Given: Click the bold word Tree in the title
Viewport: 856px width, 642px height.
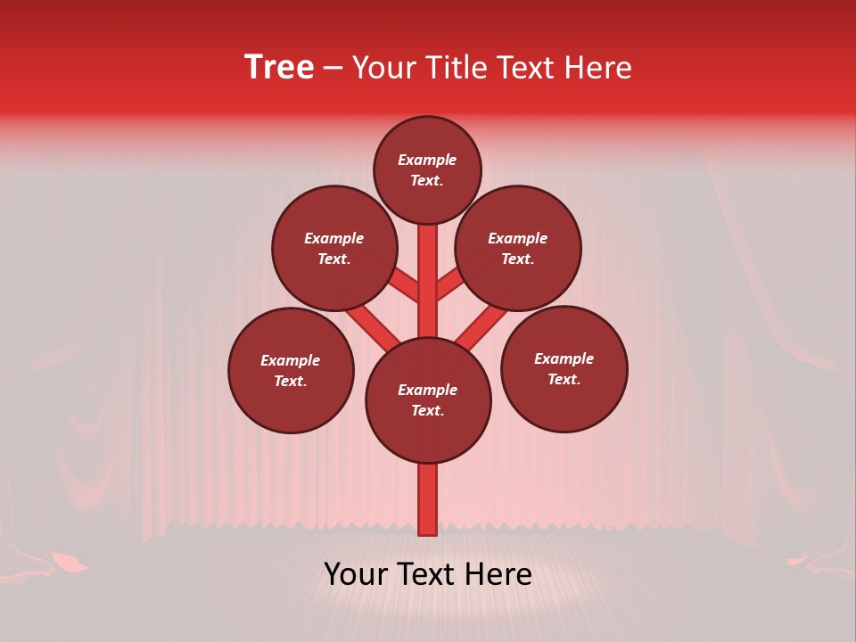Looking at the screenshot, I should [x=279, y=68].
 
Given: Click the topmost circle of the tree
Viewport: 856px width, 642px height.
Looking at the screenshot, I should [x=427, y=170].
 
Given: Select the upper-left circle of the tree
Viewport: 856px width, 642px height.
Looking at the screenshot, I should [x=334, y=249].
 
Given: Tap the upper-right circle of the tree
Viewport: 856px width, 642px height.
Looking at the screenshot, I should [x=518, y=249].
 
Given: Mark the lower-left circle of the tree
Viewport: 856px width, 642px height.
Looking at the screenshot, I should [x=291, y=370].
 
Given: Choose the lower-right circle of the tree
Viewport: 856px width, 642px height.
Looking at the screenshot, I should [x=564, y=369].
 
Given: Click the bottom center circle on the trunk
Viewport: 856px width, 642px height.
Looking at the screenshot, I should [x=428, y=400].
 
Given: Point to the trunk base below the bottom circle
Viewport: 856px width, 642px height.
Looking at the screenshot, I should [x=428, y=499].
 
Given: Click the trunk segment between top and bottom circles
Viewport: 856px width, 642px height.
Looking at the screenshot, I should [x=428, y=281].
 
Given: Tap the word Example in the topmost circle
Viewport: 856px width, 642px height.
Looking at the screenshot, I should [x=427, y=160].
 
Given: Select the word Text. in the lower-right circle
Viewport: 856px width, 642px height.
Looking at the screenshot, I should [x=564, y=380].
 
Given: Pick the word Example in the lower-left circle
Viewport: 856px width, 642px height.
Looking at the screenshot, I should [x=290, y=361].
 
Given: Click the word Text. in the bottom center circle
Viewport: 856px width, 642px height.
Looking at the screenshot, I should [x=426, y=411].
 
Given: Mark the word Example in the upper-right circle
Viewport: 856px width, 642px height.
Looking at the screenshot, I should [x=517, y=239].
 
